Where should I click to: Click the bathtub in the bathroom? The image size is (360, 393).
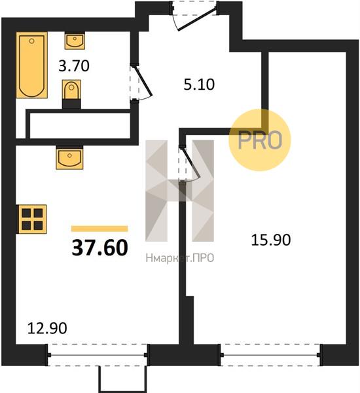(x=32, y=65)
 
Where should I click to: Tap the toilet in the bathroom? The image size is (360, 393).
(x=71, y=94)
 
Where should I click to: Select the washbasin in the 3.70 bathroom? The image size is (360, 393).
(x=75, y=41)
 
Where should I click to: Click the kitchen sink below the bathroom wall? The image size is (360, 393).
(x=69, y=158)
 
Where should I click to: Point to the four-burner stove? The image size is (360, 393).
(x=32, y=219)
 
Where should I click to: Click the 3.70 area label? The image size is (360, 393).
(x=74, y=66)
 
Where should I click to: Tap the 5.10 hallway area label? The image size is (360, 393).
(x=199, y=84)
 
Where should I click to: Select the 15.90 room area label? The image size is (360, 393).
(x=271, y=240)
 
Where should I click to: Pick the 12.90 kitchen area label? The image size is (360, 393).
(x=47, y=328)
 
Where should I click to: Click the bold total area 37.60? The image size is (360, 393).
(x=99, y=248)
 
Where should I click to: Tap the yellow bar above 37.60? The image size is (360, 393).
(x=99, y=229)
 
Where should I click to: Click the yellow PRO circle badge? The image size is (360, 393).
(x=260, y=140)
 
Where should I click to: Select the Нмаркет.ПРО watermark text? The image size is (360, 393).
(x=179, y=258)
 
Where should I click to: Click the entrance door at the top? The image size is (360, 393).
(x=194, y=16)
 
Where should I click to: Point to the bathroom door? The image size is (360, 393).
(x=140, y=83)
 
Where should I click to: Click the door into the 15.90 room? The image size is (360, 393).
(x=189, y=164)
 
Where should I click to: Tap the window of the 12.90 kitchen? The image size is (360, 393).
(x=98, y=355)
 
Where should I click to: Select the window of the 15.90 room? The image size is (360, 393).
(x=270, y=355)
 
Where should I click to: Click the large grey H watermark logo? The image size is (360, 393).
(x=179, y=191)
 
